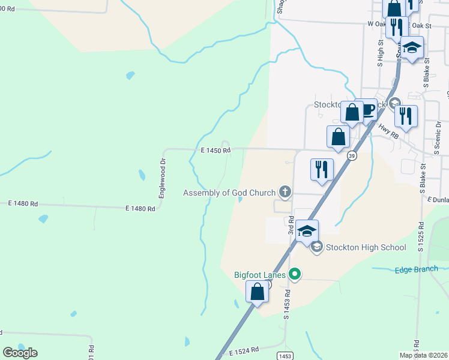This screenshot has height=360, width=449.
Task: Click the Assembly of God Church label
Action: (229, 193)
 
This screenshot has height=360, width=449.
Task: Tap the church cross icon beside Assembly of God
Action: (285, 193)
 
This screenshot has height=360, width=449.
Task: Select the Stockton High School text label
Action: (366, 247)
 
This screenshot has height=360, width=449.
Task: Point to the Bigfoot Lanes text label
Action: (259, 275)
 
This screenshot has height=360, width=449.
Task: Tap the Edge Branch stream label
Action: (416, 269)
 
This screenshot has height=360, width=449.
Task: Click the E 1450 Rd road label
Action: (215, 151)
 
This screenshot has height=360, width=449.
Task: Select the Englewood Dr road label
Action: (161, 178)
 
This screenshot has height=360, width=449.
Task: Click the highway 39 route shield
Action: (352, 155)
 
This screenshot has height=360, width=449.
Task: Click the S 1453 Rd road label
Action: (288, 304)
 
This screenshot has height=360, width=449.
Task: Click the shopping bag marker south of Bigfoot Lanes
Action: (258, 292)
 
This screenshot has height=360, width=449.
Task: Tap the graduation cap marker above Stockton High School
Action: (307, 231)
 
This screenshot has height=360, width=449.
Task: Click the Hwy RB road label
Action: (388, 131)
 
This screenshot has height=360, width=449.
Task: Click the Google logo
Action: (20, 353)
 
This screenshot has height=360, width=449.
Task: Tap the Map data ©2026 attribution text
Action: (423, 355)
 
